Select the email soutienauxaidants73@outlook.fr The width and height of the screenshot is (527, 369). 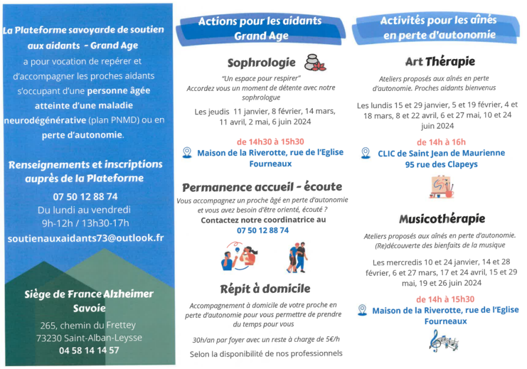pyautogui.click(x=85, y=238)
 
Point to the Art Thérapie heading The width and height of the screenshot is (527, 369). pyautogui.click(x=440, y=61)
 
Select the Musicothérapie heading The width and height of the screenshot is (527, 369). pyautogui.click(x=441, y=219)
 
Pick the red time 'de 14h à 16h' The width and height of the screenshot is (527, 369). pyautogui.click(x=441, y=142)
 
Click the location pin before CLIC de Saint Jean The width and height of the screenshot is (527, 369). pyautogui.click(x=365, y=153)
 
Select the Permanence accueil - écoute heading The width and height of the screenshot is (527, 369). pyautogui.click(x=262, y=187)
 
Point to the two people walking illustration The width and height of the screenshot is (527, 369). pyautogui.click(x=297, y=257)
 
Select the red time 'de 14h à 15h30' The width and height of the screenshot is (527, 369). pyautogui.click(x=445, y=299)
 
